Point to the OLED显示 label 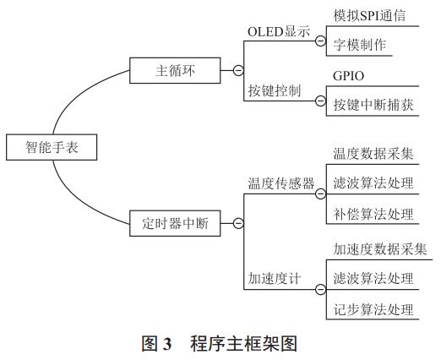point(277,31)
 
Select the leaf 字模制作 point(362,45)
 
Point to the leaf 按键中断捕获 point(372,106)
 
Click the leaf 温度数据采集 point(373,155)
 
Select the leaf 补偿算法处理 point(373,212)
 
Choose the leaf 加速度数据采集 point(378,249)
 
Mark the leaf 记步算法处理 point(373,308)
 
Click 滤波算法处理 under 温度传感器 point(373,183)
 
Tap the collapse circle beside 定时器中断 point(238,224)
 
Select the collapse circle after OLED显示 point(320,40)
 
